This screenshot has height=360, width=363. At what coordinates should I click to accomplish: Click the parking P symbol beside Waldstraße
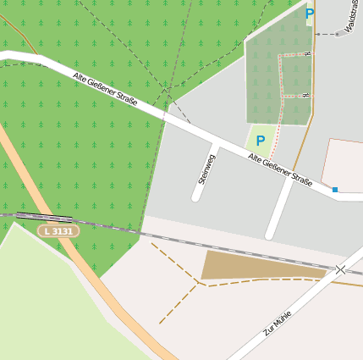click(x=310, y=14)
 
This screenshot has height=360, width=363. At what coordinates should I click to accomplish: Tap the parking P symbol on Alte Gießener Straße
click(x=261, y=141)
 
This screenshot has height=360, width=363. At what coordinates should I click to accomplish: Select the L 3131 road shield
click(x=58, y=230)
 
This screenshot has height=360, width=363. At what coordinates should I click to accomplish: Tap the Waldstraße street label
click(x=352, y=11)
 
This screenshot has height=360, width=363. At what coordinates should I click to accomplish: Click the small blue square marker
click(x=335, y=190)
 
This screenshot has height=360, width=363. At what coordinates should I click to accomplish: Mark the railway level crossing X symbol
click(x=340, y=269)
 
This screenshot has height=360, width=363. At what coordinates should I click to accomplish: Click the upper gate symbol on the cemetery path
click(x=308, y=54)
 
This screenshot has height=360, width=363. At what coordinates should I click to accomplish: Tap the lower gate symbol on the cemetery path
click(x=308, y=95)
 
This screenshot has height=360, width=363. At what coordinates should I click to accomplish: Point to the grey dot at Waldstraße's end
click(x=337, y=34)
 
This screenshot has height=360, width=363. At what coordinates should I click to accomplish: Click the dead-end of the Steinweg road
click(x=196, y=197)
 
